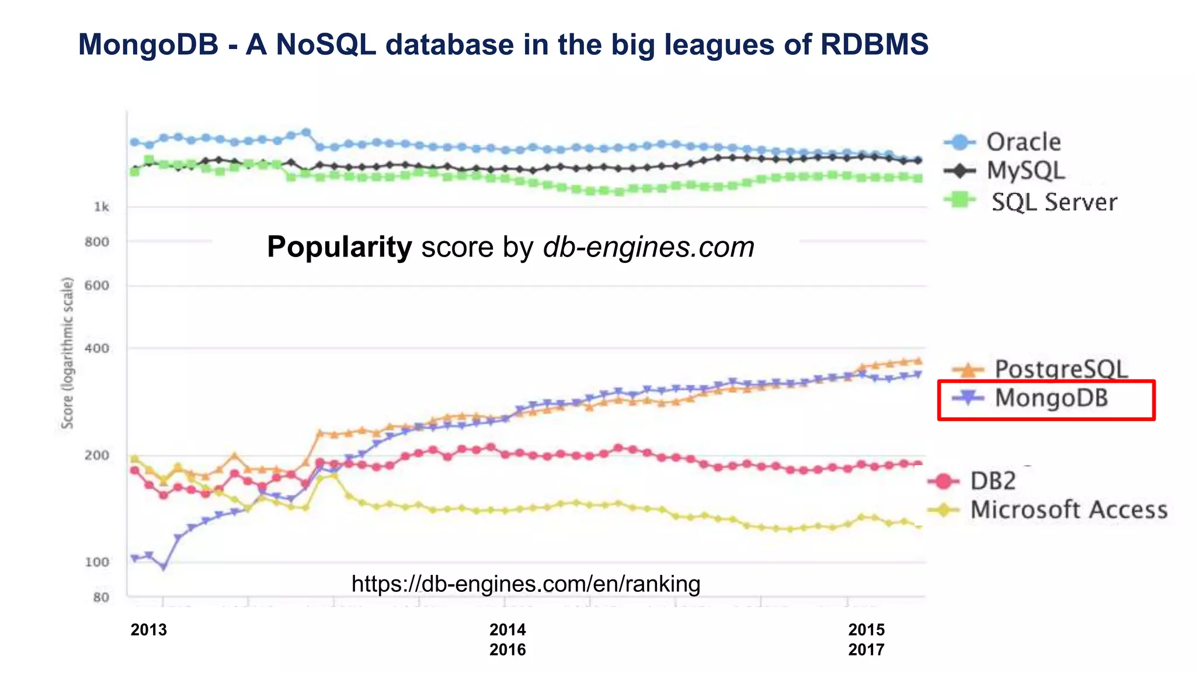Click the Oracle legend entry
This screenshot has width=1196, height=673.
(1023, 142)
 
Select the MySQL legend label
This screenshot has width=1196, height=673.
(1025, 171)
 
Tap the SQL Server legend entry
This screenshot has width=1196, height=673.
(1054, 202)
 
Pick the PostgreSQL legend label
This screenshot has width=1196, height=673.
(1061, 369)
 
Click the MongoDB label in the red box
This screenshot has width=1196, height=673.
(1051, 398)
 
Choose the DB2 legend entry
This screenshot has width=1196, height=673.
(992, 481)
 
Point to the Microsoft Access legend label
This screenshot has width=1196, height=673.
(1068, 510)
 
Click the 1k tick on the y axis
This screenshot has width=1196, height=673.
(102, 207)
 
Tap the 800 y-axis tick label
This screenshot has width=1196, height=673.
(97, 242)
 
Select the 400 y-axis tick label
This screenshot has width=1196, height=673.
(97, 348)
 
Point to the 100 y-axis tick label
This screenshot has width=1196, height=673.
(97, 562)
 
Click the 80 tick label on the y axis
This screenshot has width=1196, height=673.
(101, 597)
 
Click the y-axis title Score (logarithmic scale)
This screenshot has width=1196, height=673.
(68, 353)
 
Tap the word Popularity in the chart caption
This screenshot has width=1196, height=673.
(339, 247)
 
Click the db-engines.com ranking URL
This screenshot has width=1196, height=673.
(526, 584)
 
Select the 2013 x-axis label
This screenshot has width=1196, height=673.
(148, 630)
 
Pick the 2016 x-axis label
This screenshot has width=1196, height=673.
(507, 650)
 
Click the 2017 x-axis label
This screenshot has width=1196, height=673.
(866, 650)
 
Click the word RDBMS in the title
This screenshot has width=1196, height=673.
(874, 44)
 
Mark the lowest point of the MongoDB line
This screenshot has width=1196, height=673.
(164, 567)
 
